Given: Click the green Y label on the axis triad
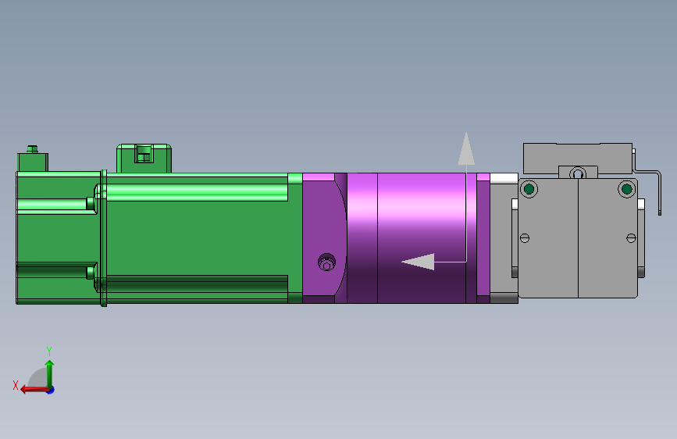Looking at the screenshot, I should click(x=49, y=351).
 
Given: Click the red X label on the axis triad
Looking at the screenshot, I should click(x=16, y=385).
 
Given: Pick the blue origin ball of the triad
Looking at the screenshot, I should click(x=50, y=389).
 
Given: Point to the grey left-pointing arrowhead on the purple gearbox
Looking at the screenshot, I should click(x=418, y=262).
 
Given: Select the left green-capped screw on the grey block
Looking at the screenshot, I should click(x=529, y=189).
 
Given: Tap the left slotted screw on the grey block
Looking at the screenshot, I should click(x=525, y=237).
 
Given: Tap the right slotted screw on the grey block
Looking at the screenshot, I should click(x=631, y=237).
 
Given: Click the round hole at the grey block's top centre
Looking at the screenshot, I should click(x=577, y=173).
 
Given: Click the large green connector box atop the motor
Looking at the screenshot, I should click(x=144, y=159).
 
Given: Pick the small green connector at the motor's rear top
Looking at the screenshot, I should click(x=32, y=162).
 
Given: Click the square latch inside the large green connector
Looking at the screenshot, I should click(x=143, y=154).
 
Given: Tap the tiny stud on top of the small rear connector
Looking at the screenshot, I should click(x=32, y=148).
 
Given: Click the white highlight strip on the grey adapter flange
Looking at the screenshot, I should click(x=504, y=177).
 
